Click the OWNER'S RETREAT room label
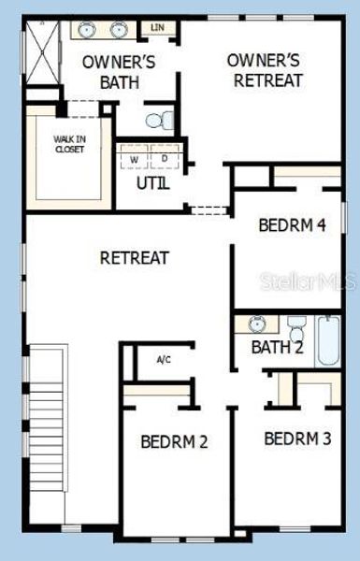coord(265,70)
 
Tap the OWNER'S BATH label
coord(119,72)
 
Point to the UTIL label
coord(153,183)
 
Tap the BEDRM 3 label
coord(297,438)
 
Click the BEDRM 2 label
coord(174,441)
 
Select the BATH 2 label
coord(278,348)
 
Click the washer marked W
coord(135,159)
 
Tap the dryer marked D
coord(165,159)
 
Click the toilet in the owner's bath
coord(161,120)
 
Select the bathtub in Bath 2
coord(330,340)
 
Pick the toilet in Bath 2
coord(296,328)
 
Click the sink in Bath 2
coord(258,324)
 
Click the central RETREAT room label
coord(134,257)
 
